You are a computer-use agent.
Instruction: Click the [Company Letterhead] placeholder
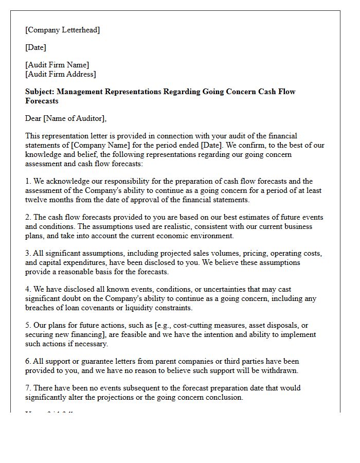click(x=62, y=30)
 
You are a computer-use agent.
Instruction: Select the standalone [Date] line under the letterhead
click(x=35, y=47)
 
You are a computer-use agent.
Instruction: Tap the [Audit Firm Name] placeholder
click(x=57, y=65)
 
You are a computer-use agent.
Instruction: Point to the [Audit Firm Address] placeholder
click(x=60, y=74)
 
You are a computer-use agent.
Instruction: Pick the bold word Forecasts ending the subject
click(x=42, y=101)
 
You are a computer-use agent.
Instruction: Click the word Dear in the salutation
click(x=33, y=118)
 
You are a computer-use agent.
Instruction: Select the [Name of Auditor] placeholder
click(x=75, y=118)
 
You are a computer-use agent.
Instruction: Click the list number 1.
click(x=28, y=181)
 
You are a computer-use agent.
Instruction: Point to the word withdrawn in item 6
click(x=280, y=370)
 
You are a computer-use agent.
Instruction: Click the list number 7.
click(x=28, y=388)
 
